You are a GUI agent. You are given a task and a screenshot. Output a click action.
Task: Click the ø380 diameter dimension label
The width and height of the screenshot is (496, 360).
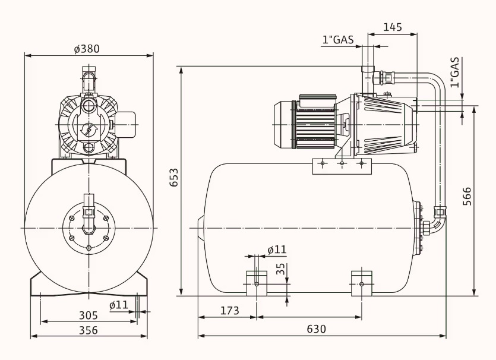87,49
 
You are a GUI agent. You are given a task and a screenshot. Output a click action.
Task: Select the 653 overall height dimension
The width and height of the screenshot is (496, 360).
173,178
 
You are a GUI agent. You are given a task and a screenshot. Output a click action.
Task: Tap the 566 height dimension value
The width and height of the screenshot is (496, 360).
467,197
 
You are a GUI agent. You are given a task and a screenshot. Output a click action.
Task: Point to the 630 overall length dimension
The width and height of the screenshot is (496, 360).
316,329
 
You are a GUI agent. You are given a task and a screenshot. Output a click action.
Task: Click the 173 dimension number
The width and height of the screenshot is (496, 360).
229,311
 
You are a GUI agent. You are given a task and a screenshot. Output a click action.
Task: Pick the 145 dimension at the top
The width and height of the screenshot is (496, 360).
392,27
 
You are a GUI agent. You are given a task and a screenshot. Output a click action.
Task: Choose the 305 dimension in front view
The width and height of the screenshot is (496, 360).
89,315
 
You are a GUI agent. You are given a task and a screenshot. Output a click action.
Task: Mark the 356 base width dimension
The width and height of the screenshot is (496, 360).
88,330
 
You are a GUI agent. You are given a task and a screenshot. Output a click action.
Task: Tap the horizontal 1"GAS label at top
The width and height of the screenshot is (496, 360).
338,40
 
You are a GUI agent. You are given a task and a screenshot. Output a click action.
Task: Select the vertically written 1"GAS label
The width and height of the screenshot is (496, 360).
454,72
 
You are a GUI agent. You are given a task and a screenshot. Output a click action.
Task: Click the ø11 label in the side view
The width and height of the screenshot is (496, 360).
277,250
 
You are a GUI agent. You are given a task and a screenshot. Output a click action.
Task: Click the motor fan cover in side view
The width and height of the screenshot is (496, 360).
284,124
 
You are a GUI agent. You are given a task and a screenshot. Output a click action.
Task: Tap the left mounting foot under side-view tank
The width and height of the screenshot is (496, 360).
257,282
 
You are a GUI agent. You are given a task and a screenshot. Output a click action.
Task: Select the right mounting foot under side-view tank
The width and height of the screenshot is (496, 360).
361,282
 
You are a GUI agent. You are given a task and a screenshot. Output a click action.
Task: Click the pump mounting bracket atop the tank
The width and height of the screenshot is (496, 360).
342,166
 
